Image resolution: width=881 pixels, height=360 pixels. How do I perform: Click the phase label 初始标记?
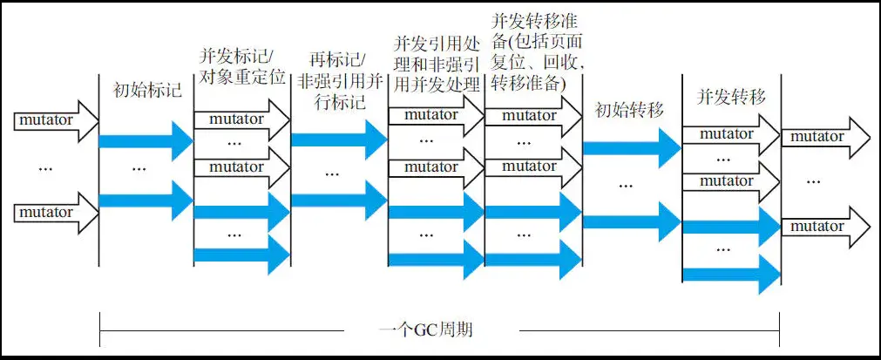(x=147, y=89)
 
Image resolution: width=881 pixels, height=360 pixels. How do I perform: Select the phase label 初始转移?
(x=629, y=110)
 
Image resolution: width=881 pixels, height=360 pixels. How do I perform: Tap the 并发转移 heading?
(x=732, y=97)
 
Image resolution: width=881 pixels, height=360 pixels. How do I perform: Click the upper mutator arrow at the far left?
(x=52, y=121)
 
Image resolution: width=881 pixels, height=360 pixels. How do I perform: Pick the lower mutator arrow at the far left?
(x=52, y=213)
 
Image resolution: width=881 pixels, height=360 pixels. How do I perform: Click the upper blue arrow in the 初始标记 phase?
(x=145, y=140)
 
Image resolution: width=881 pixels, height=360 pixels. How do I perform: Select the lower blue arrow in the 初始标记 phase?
(x=145, y=200)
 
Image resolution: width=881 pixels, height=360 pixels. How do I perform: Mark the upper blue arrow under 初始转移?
(x=629, y=147)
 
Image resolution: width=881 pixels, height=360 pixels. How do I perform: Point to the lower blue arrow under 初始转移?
(x=629, y=221)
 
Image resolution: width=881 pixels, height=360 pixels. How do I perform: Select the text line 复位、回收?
(x=532, y=64)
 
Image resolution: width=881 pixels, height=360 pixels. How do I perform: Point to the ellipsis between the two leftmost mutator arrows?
(x=46, y=167)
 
